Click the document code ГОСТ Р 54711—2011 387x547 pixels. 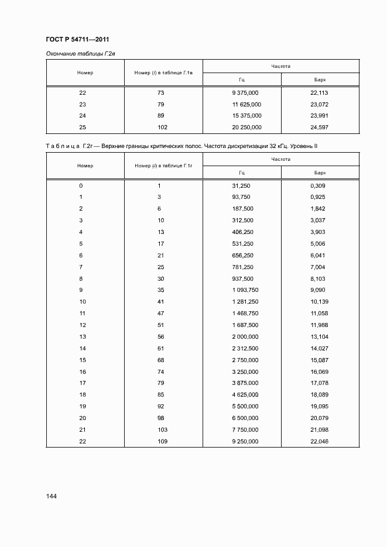[x=77, y=40]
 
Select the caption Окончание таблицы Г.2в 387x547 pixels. [x=79, y=54]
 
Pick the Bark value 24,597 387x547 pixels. [x=319, y=127]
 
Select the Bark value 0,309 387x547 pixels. [x=317, y=185]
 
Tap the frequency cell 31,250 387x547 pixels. [x=241, y=185]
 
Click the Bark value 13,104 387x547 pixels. [x=319, y=336]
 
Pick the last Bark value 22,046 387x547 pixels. [x=319, y=441]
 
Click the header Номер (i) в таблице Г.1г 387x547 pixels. [x=164, y=166]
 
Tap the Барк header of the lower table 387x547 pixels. [x=319, y=173]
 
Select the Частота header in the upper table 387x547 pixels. [x=280, y=66]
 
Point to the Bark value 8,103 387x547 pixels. [x=317, y=278]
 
